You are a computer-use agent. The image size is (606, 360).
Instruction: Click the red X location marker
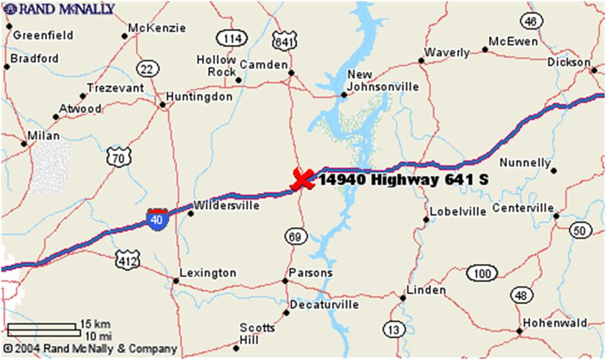click(x=302, y=179)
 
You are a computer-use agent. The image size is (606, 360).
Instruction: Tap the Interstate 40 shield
click(x=156, y=218)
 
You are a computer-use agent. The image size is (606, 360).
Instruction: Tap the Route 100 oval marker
click(x=481, y=274)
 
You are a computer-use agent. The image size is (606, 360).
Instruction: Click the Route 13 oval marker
click(x=393, y=330)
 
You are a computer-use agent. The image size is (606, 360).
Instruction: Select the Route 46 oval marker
click(x=530, y=21)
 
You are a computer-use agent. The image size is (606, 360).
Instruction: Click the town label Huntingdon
click(x=199, y=97)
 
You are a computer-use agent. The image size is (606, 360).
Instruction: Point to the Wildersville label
click(x=227, y=206)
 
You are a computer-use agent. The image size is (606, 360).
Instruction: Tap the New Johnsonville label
click(x=383, y=80)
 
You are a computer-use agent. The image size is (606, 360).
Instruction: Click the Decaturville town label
click(x=323, y=304)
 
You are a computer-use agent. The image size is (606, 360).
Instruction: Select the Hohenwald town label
click(x=554, y=323)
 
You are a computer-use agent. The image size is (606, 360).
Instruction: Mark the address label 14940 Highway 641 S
click(x=403, y=180)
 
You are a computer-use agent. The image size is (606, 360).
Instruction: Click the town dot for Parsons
click(x=285, y=281)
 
